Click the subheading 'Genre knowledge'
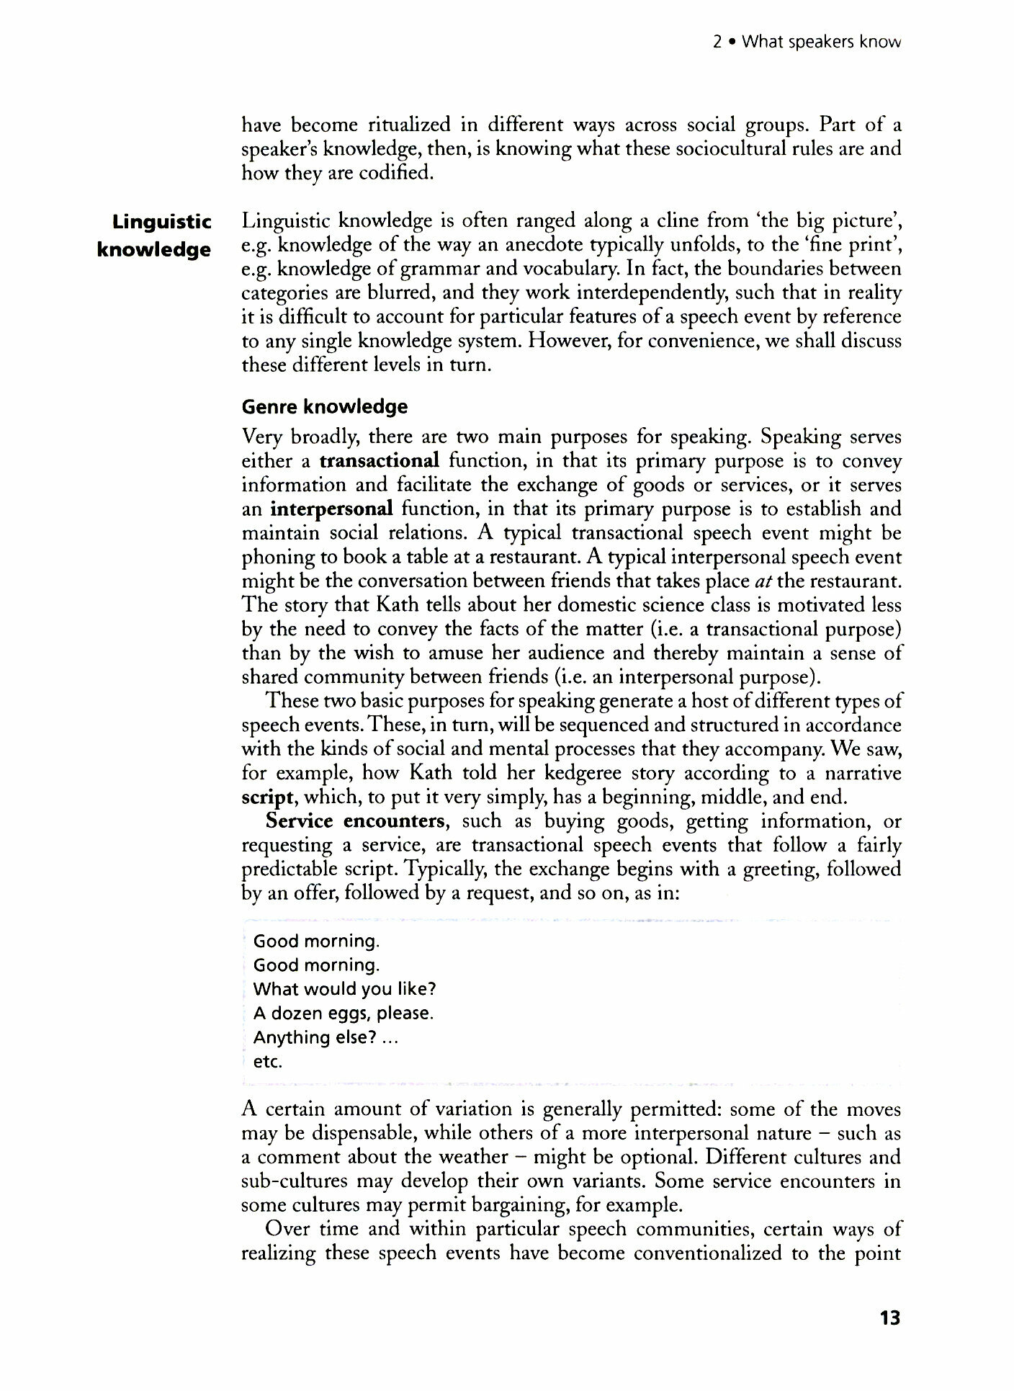coord(324,407)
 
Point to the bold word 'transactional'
coord(380,461)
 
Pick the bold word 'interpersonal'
coord(332,509)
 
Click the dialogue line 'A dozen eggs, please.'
coord(344,1014)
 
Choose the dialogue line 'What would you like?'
coord(345,989)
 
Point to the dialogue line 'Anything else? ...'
coord(326,1037)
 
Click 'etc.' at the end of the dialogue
coord(268,1062)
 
